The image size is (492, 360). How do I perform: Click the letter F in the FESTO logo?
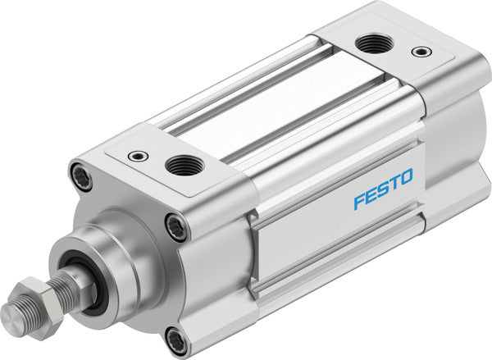tap(358, 201)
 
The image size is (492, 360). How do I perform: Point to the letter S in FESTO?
tap(382, 188)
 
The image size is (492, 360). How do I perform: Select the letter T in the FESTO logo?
tap(394, 181)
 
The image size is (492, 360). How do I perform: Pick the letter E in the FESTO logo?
tap(370, 194)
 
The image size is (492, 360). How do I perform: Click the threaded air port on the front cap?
tap(184, 166)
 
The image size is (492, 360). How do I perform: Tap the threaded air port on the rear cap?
tap(375, 44)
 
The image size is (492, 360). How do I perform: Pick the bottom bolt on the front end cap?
tap(175, 337)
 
